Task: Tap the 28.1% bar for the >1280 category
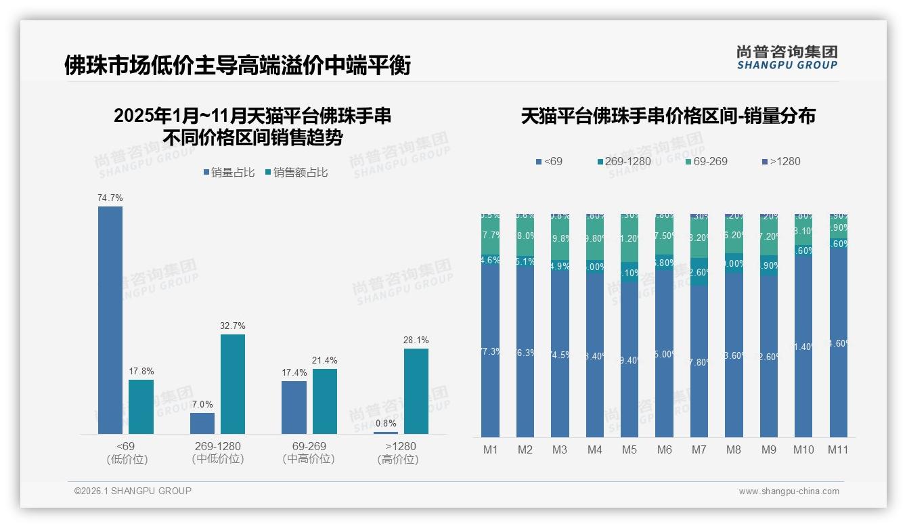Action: (416, 391)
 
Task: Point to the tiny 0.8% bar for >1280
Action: (386, 433)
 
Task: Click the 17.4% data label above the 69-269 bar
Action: (294, 373)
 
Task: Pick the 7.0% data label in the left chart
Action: (202, 405)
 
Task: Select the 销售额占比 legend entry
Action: (300, 173)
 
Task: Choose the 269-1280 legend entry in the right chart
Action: (626, 161)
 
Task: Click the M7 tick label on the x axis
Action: (699, 449)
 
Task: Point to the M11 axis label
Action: (838, 449)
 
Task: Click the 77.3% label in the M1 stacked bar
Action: (491, 351)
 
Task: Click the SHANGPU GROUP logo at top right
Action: (787, 57)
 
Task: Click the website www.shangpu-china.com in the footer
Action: (789, 491)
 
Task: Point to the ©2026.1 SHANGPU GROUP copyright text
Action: (133, 491)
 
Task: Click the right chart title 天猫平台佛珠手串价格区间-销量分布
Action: (668, 116)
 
